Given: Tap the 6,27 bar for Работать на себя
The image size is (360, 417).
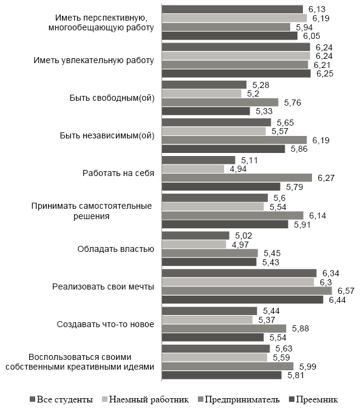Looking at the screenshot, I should coord(237,178).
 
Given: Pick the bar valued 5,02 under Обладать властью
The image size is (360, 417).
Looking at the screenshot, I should coord(195,235).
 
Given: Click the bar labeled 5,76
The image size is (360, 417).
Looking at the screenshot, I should coord(220,102).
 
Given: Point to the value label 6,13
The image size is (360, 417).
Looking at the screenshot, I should coord(316,9).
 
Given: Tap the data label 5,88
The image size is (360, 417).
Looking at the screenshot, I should coord(301,328).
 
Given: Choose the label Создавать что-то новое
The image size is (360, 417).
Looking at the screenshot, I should coord(105,324).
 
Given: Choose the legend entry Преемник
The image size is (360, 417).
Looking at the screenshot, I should coord(313,399).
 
